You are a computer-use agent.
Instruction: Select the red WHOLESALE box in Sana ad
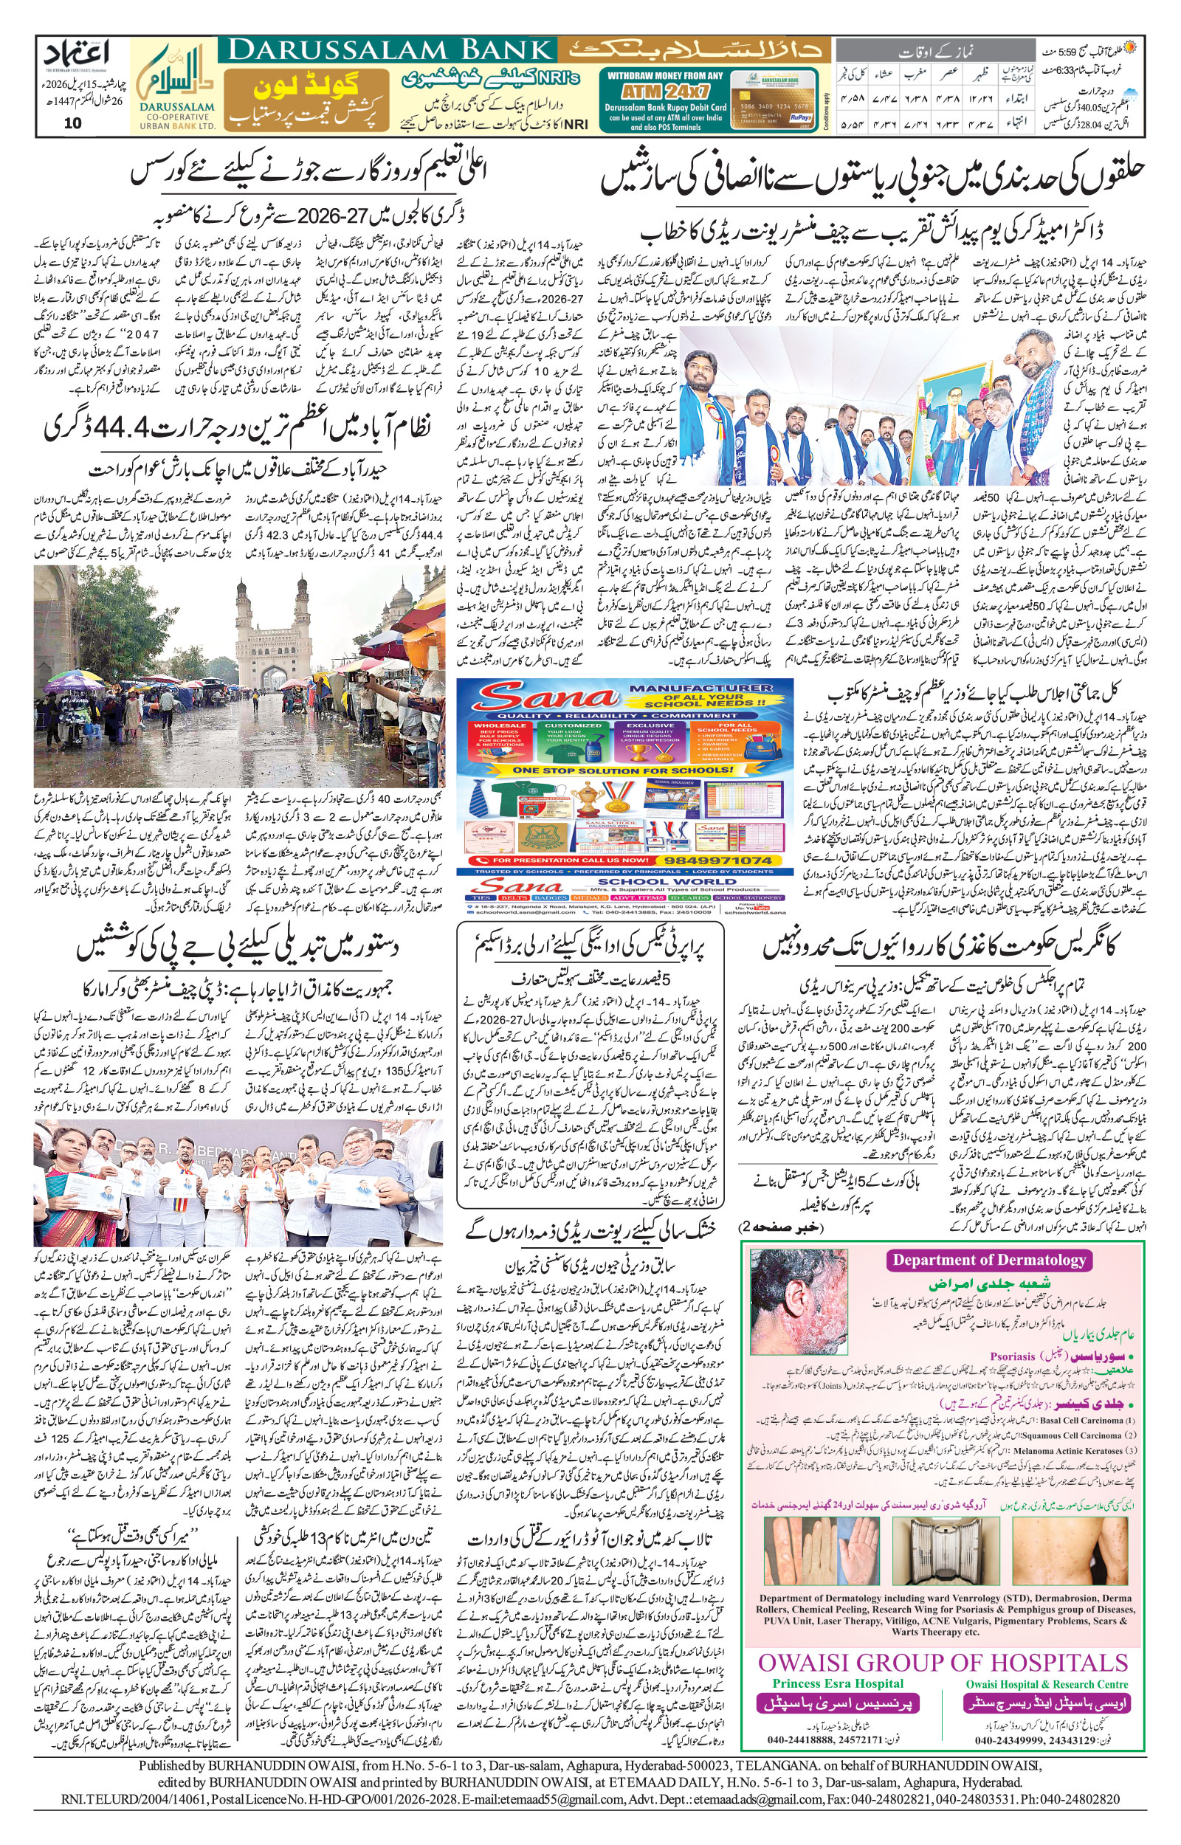click(x=500, y=739)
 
